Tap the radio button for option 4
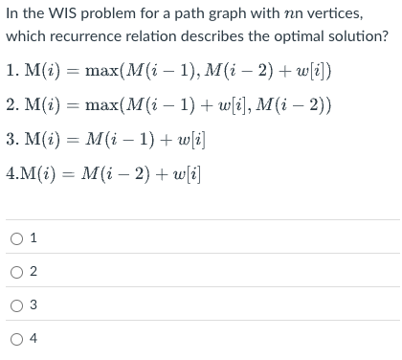coord(19,337)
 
